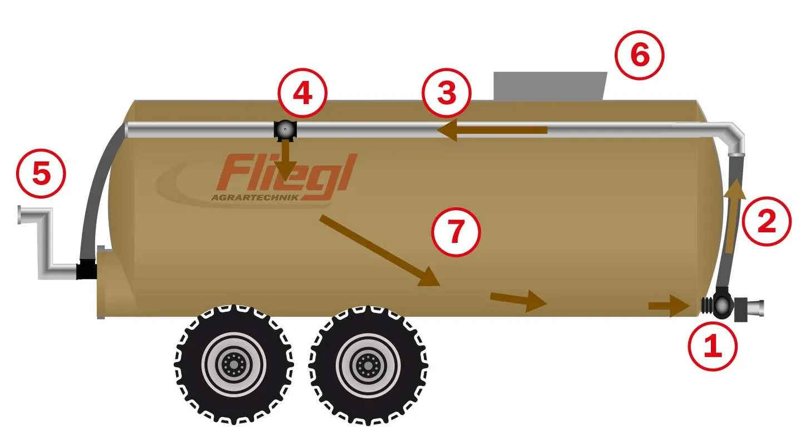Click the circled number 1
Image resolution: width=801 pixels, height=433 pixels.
[x=713, y=346]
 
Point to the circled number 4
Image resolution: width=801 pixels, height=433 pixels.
[x=303, y=93]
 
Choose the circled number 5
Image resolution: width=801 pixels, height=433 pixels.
[x=41, y=173]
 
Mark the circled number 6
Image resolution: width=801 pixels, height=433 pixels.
[x=639, y=56]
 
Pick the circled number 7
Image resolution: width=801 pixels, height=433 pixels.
[x=456, y=232]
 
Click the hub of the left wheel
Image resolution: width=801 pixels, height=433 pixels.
[x=234, y=365]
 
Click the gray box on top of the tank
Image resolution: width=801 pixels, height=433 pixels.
[x=550, y=86]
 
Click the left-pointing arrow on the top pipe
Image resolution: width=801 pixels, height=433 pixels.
[x=492, y=130]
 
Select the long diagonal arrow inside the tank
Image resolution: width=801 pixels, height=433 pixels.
[x=379, y=251]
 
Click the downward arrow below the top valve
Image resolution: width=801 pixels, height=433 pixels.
[x=286, y=160]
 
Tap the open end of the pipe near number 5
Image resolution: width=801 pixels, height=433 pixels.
[x=19, y=215]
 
